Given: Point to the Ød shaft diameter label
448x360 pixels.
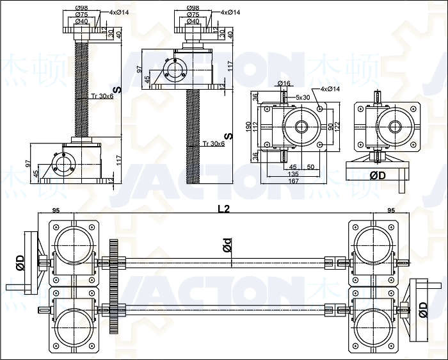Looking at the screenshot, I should (x=228, y=246).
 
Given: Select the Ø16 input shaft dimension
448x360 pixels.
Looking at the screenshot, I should (x=285, y=83).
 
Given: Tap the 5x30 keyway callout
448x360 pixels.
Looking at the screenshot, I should (x=303, y=97).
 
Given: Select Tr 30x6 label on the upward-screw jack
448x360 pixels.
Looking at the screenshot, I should (x=102, y=96).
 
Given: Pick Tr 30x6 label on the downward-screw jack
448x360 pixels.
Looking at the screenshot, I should (x=213, y=143).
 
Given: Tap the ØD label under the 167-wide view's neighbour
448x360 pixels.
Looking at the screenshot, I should (x=378, y=174).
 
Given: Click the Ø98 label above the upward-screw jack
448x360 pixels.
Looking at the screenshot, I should (x=81, y=8).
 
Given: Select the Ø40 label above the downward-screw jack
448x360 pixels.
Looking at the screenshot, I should (x=191, y=21).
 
